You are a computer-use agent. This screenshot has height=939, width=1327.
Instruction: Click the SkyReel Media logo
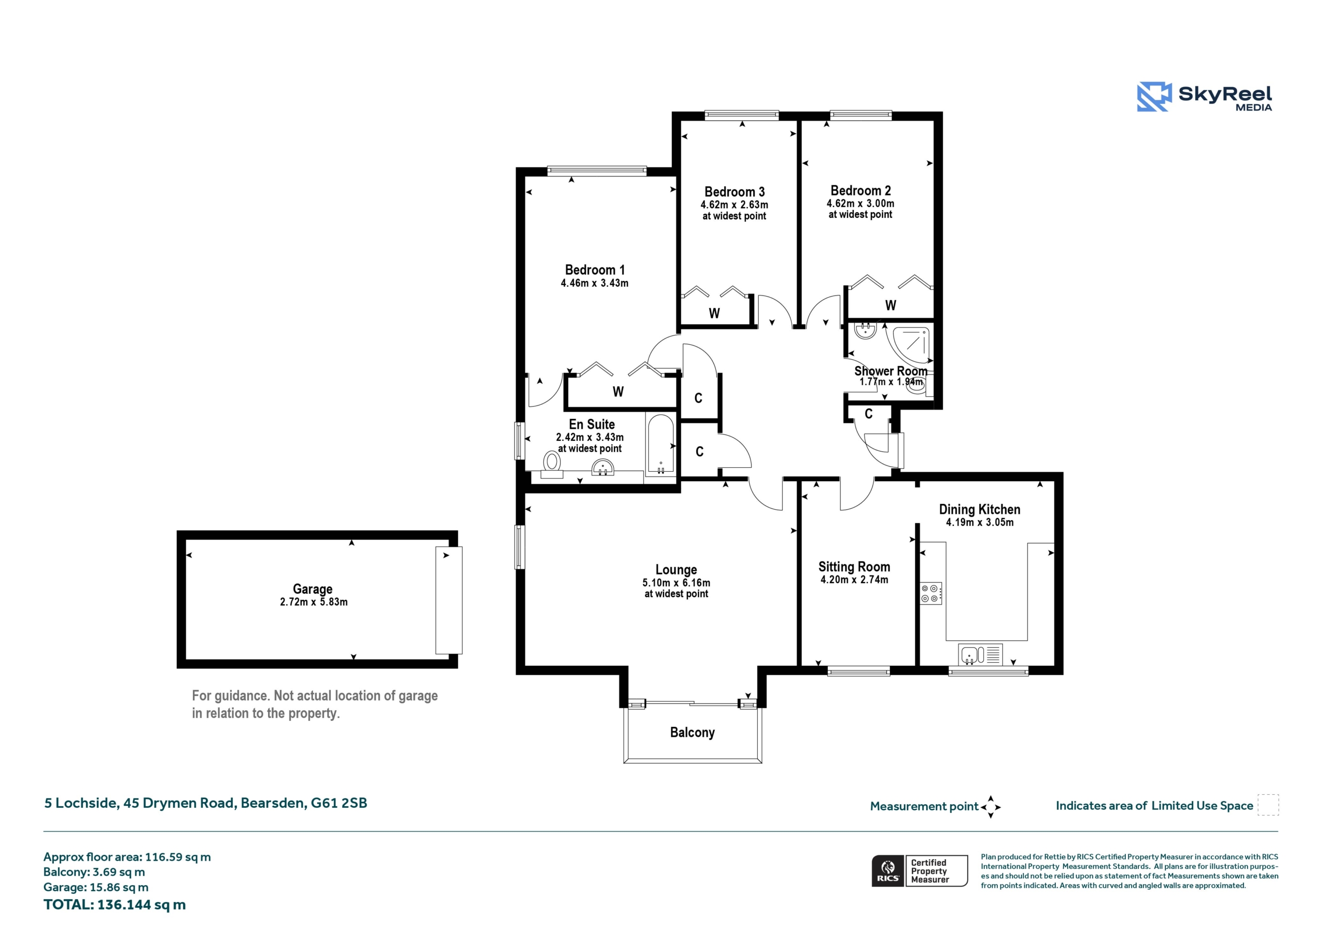click(1204, 96)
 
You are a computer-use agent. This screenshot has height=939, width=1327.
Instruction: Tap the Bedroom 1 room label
click(595, 270)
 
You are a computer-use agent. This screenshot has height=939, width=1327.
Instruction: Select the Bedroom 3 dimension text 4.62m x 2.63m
click(734, 205)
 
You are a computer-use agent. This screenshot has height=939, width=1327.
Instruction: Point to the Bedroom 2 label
click(860, 191)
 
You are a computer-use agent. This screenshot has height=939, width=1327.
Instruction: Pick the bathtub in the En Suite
click(660, 445)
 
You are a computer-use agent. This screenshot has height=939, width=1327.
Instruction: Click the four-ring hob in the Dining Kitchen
click(931, 593)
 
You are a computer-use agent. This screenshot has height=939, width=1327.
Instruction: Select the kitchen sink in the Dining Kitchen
click(980, 654)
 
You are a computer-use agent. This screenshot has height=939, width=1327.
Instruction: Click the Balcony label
click(693, 733)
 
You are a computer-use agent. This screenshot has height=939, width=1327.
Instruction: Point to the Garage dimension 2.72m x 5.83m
click(314, 602)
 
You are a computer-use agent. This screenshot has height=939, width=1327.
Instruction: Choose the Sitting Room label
click(854, 567)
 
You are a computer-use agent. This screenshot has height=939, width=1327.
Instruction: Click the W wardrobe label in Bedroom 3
click(714, 313)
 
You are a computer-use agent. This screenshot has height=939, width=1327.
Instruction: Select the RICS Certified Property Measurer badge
click(920, 871)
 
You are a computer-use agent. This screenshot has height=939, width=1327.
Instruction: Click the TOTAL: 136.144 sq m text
click(115, 905)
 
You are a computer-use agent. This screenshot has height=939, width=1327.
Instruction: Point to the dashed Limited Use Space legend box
click(1268, 805)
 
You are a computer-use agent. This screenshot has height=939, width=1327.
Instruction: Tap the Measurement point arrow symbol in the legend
click(991, 807)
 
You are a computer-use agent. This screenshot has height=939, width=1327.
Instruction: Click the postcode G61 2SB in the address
click(339, 803)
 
